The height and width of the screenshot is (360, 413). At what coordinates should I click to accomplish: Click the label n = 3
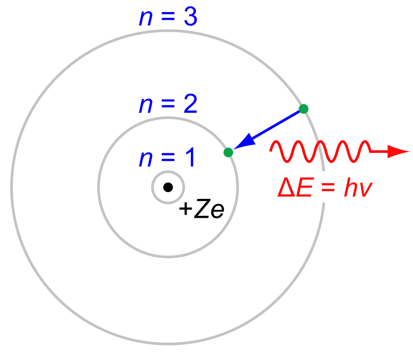(x=168, y=17)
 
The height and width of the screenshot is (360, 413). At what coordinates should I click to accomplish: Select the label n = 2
(x=168, y=104)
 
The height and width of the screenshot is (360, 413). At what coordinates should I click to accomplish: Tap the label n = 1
(x=167, y=157)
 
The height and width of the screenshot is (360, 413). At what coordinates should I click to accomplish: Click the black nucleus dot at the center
(x=168, y=187)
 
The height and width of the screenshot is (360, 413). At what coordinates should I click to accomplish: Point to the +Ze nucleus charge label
(x=202, y=208)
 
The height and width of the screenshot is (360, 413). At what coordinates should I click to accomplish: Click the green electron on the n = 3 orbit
(x=304, y=109)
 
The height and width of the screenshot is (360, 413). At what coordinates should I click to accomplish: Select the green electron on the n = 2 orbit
(x=228, y=153)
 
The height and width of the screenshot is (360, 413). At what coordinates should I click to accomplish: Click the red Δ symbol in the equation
(x=286, y=187)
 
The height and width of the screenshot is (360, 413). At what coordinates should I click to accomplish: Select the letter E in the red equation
(x=305, y=187)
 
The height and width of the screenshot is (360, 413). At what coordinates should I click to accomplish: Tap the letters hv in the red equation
(x=358, y=187)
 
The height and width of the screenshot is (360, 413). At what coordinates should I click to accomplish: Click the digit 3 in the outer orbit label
(x=190, y=17)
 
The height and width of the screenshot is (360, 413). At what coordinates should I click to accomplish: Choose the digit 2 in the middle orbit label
(x=190, y=104)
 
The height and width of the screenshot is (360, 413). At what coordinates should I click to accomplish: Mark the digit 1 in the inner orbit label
(x=191, y=157)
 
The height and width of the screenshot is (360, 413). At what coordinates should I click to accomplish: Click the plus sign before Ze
(x=186, y=209)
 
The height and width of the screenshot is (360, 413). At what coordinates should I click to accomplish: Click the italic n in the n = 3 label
(x=146, y=19)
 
